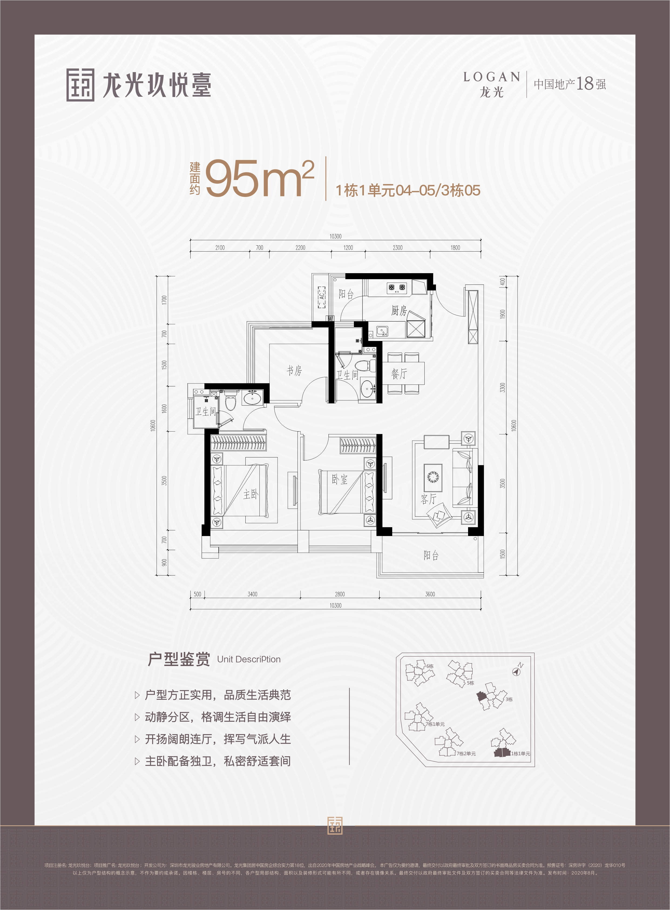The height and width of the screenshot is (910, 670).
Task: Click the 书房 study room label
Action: [295, 370]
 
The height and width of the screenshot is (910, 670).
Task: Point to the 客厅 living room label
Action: [428, 499]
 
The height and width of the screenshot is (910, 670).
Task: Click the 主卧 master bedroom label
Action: [250, 494]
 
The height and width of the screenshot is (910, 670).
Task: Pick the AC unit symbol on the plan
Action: [322, 297]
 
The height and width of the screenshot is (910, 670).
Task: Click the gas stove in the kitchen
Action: [397, 287]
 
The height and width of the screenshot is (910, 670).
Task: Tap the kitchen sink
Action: [382, 332]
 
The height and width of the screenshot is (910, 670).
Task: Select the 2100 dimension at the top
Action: [220, 247]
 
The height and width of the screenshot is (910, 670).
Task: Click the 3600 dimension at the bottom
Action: [430, 594]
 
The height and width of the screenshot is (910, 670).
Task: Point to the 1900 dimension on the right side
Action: [503, 314]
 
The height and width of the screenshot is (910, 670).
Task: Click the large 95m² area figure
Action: [260, 179]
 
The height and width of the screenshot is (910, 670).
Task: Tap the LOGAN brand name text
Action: [492, 77]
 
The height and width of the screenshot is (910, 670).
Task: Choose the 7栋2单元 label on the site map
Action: [466, 754]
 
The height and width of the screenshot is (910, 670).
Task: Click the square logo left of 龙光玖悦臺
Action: [80, 85]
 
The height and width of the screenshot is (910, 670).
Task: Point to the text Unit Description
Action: [249, 660]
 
